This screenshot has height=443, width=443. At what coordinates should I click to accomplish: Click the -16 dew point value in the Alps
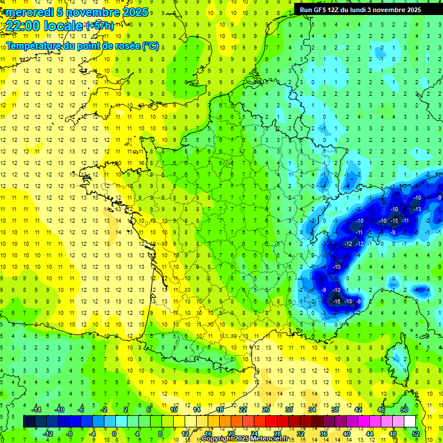click(x=337, y=301)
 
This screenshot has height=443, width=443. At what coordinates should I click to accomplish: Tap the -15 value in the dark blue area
click(x=395, y=221)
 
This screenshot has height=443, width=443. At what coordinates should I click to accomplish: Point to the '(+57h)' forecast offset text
click(x=99, y=26)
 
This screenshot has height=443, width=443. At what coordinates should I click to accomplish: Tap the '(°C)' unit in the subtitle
click(x=151, y=46)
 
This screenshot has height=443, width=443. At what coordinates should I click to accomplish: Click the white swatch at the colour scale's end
click(x=410, y=422)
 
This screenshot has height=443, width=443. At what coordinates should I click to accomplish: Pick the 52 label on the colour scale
click(x=416, y=434)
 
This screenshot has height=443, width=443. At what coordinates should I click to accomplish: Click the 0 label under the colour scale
click(x=114, y=434)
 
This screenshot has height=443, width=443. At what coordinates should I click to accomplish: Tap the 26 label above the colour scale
click(x=266, y=410)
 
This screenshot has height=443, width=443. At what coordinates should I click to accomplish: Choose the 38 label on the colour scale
click(x=335, y=410)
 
